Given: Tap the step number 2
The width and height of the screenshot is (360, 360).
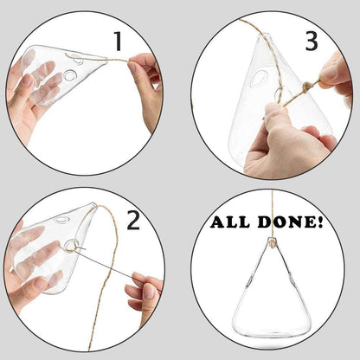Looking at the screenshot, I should click(132, 220).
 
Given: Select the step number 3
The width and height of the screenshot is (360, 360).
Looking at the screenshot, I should click(311, 41).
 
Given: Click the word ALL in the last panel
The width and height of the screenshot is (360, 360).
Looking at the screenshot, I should click(234, 223).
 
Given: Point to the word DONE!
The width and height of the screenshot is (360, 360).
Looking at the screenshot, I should click(291, 223).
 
